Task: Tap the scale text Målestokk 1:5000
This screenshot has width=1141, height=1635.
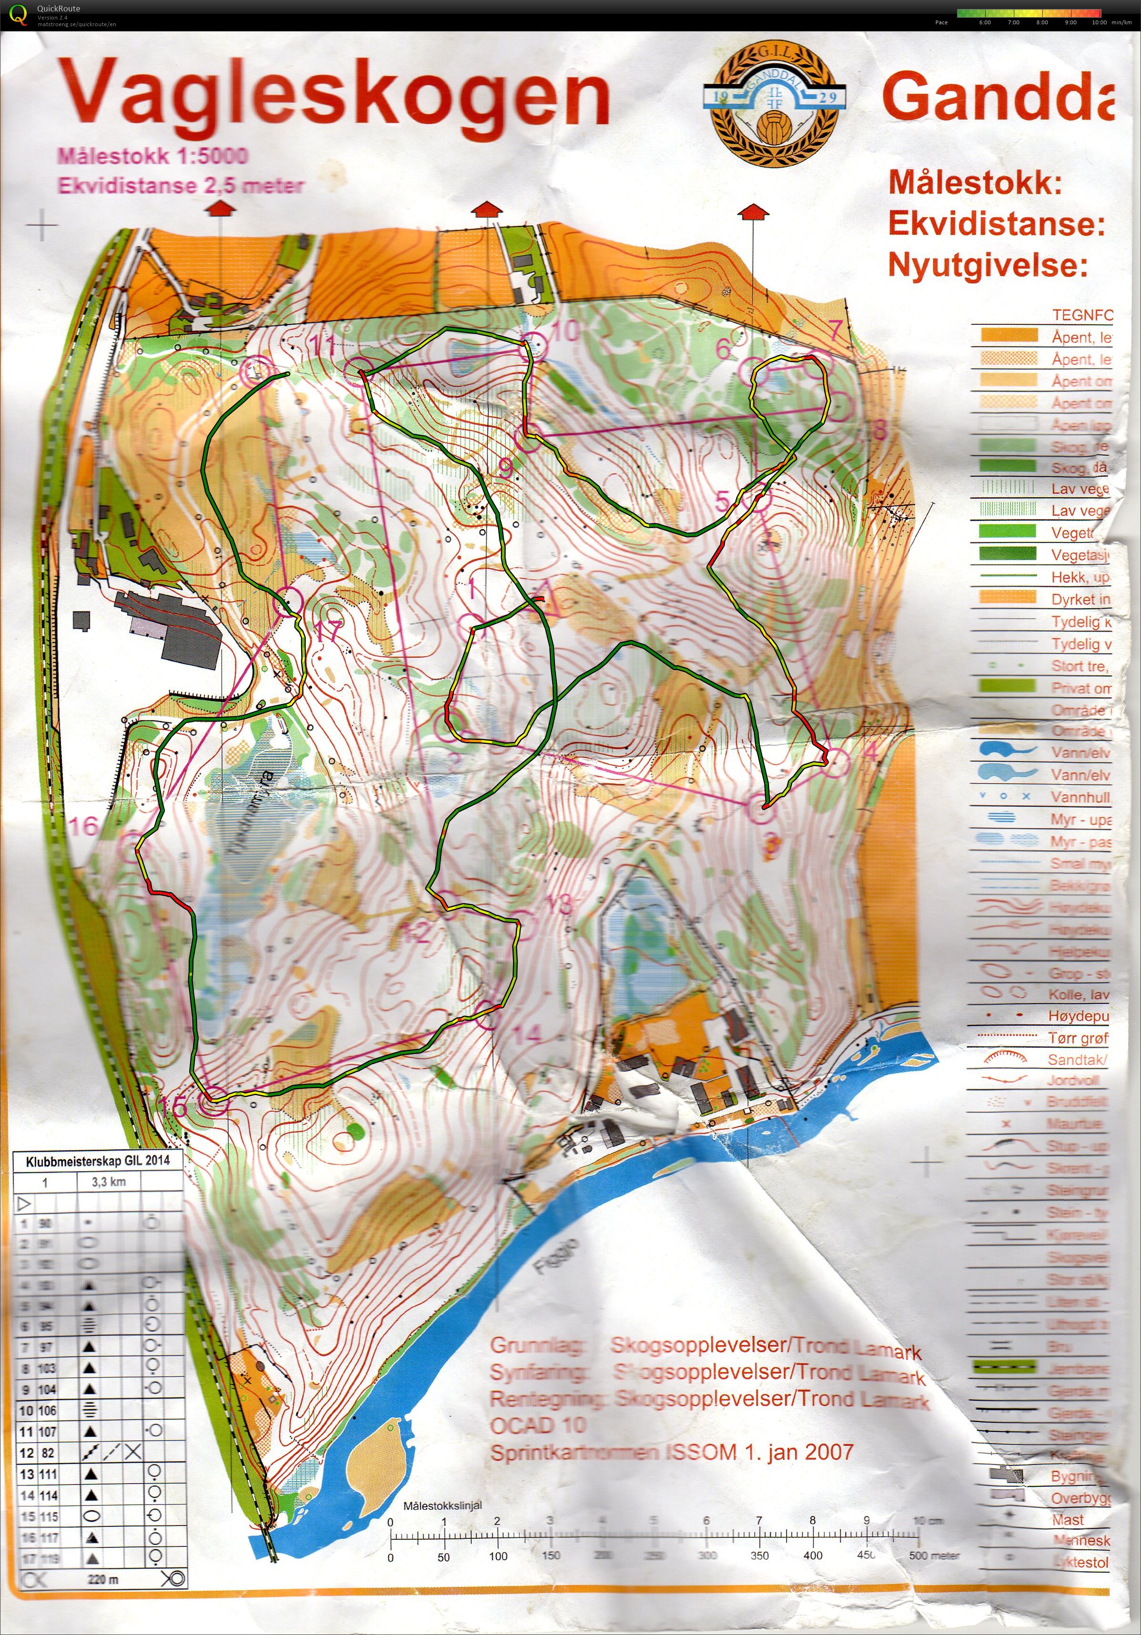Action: point(152,155)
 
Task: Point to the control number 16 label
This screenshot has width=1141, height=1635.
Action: point(83,826)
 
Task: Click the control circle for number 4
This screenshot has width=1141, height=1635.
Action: point(837,762)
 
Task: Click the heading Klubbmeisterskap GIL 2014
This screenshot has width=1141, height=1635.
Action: point(98,1161)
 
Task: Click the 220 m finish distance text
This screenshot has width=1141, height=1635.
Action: point(103,1579)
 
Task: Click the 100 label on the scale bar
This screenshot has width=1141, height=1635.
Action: point(498,1557)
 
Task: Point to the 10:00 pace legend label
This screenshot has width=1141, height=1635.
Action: point(1098,22)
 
